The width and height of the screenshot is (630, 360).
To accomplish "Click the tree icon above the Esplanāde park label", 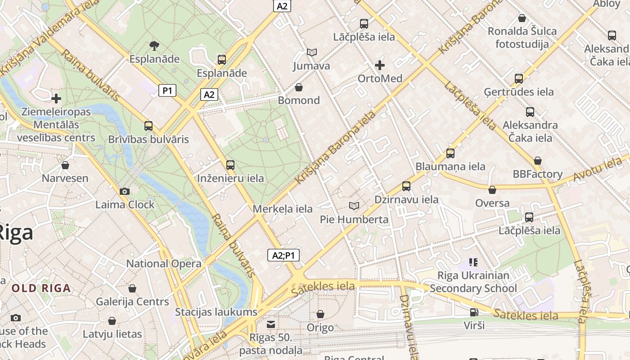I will coord(154,45).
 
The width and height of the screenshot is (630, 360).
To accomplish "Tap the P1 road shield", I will coord(167,91).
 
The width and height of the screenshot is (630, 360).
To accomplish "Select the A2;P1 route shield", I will coord(283,256).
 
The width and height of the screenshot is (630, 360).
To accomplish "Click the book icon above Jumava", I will coord(312,52).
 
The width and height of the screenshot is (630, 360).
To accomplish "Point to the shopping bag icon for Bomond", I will coord(299,87).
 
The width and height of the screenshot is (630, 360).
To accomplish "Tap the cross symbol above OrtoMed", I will coord(380,65).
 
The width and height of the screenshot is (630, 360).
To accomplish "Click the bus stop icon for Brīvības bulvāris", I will coord(148,126).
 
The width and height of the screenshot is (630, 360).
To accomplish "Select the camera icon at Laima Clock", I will coord(125,191).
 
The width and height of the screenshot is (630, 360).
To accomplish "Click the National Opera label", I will coord(164,264).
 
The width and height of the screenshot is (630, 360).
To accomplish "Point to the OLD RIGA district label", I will coord(41,288).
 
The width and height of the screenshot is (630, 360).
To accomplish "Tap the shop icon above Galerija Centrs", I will coord(132,288).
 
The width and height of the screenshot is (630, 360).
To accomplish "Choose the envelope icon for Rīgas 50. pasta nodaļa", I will coord(271,324).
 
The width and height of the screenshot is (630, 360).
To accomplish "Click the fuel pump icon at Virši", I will coord(474,312).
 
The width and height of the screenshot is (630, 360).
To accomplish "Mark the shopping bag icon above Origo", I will coord(320,314).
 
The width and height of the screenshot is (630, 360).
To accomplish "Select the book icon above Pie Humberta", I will coord(354,206).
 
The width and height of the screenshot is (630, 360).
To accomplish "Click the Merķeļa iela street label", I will coord(283,209).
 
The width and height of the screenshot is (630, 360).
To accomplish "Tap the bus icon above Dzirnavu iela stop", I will coord(406,186).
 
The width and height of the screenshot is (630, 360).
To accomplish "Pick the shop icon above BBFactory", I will coord(537,161).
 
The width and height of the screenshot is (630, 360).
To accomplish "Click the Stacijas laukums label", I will coord(216,312).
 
